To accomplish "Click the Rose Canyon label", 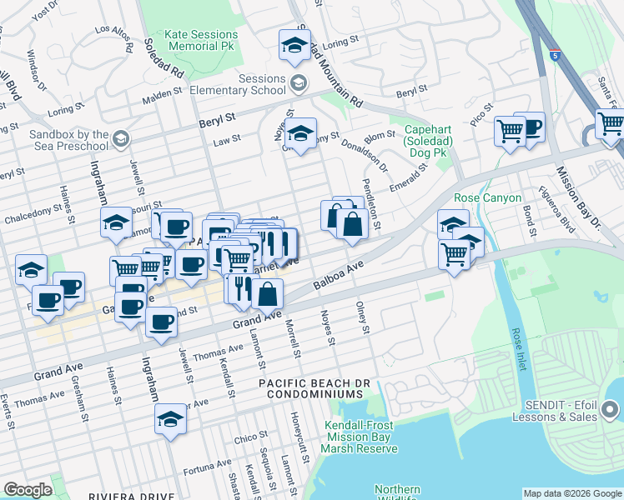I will (x=487, y=197).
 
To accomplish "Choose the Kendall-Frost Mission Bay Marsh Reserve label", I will (x=360, y=437).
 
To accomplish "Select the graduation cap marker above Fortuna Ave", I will (x=170, y=418).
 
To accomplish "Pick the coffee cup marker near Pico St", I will (x=529, y=127).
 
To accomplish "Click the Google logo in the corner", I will (x=28, y=490).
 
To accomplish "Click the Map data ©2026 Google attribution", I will (x=571, y=493).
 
